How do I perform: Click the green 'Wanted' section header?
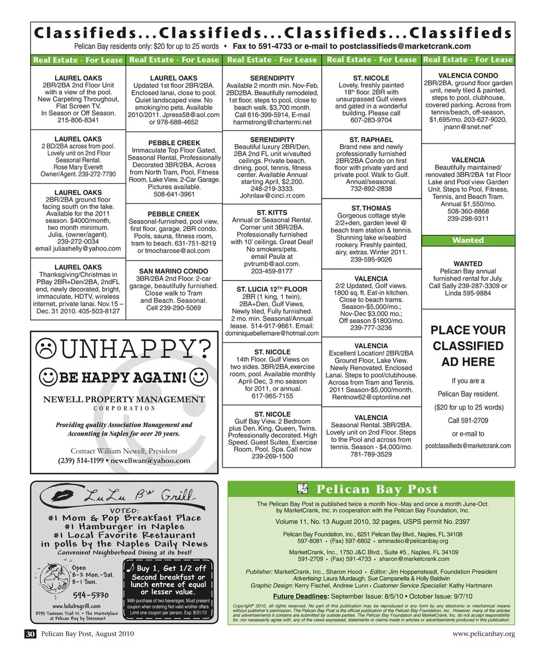coord(468,241)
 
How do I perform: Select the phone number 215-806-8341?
coord(78,120)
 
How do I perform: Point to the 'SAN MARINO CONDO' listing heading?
coord(173,271)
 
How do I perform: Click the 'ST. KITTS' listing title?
coord(271,213)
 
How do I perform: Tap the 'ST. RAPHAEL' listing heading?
coord(371,140)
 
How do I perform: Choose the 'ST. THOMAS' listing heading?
coord(371,208)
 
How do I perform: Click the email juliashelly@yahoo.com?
coord(78,248)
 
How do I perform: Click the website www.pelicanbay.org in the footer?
coord(484,634)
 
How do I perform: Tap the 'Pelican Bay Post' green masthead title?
coord(377,490)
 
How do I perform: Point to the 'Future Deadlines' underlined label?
coord(300,596)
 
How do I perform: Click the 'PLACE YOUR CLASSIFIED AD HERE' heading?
coord(468,346)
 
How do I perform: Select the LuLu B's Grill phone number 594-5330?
coord(89,595)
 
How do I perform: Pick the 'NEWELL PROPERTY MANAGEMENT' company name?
coord(124,399)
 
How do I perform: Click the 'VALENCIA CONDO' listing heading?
coord(468,75)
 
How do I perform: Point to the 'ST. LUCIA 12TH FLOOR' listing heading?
coord(271,289)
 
